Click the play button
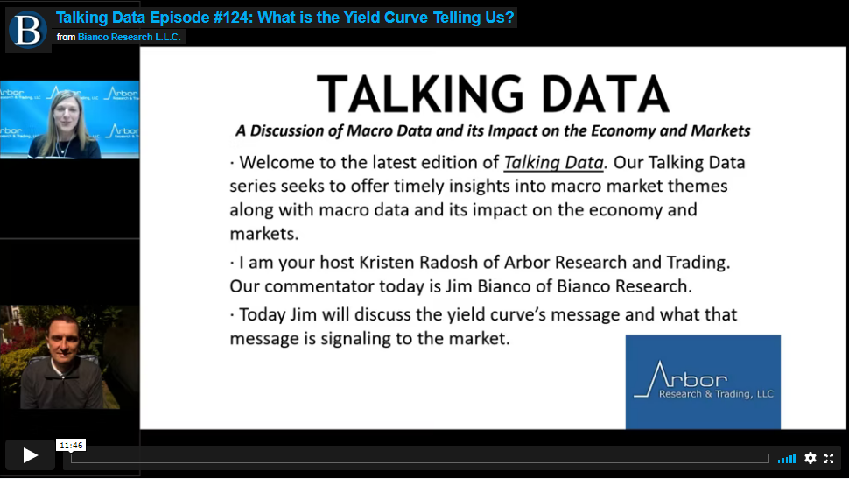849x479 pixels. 31,455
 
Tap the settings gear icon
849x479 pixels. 810,458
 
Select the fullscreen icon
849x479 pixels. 829,458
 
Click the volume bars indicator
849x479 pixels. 787,459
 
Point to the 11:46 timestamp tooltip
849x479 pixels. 71,446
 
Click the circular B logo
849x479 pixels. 28,30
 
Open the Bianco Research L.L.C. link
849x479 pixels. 130,37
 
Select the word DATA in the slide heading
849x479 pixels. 606,95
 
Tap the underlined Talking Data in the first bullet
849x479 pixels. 553,163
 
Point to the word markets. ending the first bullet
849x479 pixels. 264,234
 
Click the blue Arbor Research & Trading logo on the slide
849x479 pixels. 703,382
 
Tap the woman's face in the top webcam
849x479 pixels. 66,113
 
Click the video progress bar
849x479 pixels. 419,458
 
